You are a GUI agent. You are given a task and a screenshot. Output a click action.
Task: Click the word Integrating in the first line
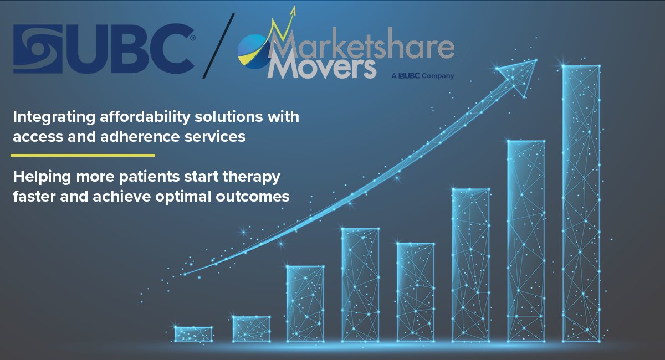click(47, 117)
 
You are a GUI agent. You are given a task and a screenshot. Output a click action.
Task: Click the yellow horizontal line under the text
click(83, 156)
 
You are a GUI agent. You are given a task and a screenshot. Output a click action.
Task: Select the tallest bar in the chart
click(581, 202)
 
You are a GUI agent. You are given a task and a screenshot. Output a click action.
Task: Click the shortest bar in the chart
click(193, 334)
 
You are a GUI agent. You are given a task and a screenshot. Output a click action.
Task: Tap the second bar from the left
click(251, 328)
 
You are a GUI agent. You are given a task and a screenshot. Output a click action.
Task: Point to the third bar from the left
click(305, 304)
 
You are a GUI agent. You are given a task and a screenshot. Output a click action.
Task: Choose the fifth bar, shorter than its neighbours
click(415, 292)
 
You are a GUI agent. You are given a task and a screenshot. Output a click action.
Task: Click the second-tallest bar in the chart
click(526, 241)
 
